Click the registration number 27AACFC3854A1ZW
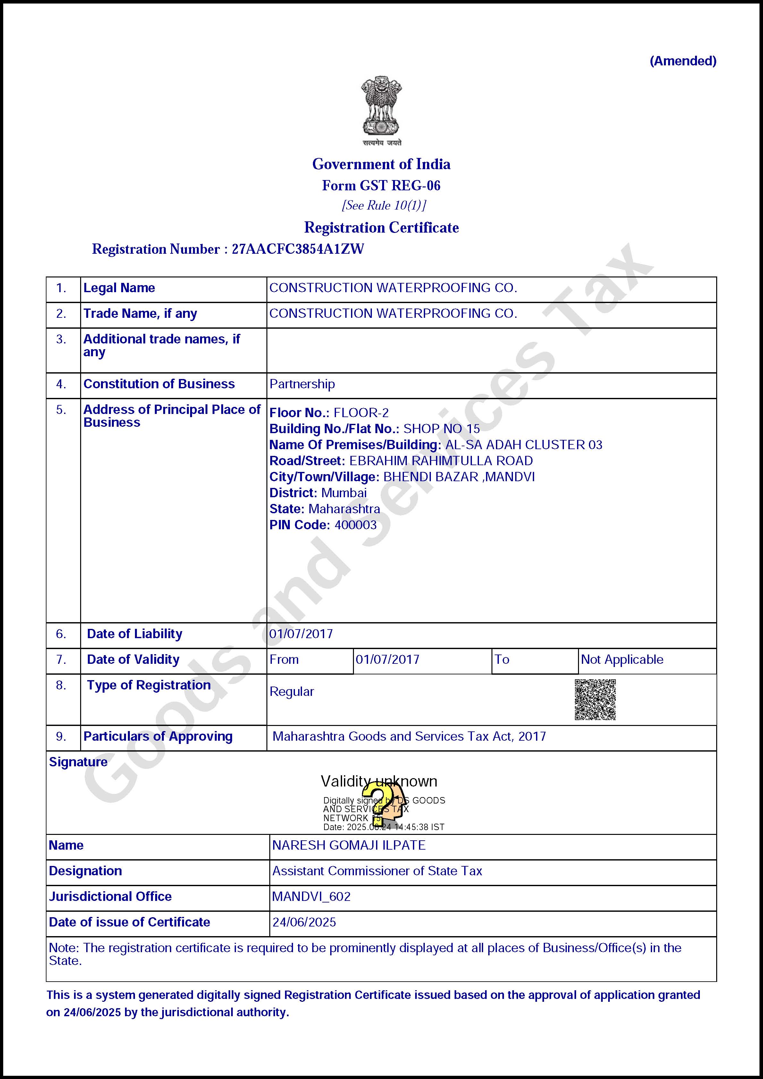pyautogui.click(x=298, y=249)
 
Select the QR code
pyautogui.click(x=595, y=699)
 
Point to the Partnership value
pyautogui.click(x=302, y=384)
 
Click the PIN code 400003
pyautogui.click(x=355, y=525)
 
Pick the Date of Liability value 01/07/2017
pyautogui.click(x=301, y=634)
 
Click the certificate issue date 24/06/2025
pyautogui.click(x=304, y=922)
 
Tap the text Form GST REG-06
pyautogui.click(x=381, y=185)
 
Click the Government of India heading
pyautogui.click(x=381, y=164)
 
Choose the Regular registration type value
pyautogui.click(x=292, y=692)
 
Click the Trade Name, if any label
pyautogui.click(x=140, y=313)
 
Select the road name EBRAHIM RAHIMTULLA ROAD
pyautogui.click(x=441, y=461)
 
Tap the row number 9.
pyautogui.click(x=61, y=737)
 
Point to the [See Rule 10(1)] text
pyautogui.click(x=384, y=205)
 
